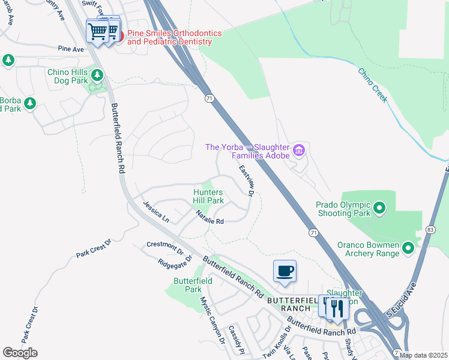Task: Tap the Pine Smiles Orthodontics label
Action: click(170, 37)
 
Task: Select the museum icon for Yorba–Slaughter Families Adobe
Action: click(299, 149)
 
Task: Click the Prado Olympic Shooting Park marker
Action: click(379, 209)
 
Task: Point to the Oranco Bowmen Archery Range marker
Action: click(408, 247)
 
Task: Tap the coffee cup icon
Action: click(285, 271)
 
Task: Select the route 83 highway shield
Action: click(430, 230)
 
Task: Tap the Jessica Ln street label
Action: click(155, 212)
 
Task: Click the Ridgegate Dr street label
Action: click(175, 262)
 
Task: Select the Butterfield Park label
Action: click(187, 284)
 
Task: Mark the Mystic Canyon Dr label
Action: click(212, 322)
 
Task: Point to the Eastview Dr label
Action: click(246, 181)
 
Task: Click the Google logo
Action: click(20, 353)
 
